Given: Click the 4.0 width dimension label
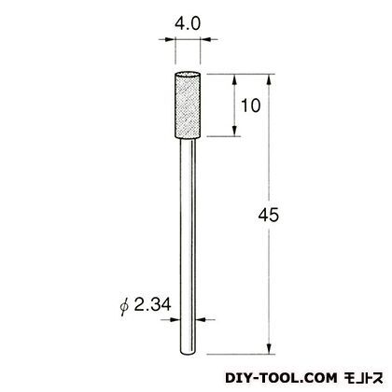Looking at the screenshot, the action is [188, 24].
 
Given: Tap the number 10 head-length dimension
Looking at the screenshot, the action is [251, 105].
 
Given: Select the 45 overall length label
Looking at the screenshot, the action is [269, 215].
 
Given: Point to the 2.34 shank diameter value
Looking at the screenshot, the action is [152, 304].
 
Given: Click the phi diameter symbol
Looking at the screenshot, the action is [124, 305].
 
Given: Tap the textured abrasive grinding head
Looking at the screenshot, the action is [188, 105].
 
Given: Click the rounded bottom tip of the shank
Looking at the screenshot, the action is [188, 352].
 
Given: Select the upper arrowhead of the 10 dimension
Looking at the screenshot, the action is [235, 80].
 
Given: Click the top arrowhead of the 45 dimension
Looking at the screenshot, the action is [270, 80].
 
